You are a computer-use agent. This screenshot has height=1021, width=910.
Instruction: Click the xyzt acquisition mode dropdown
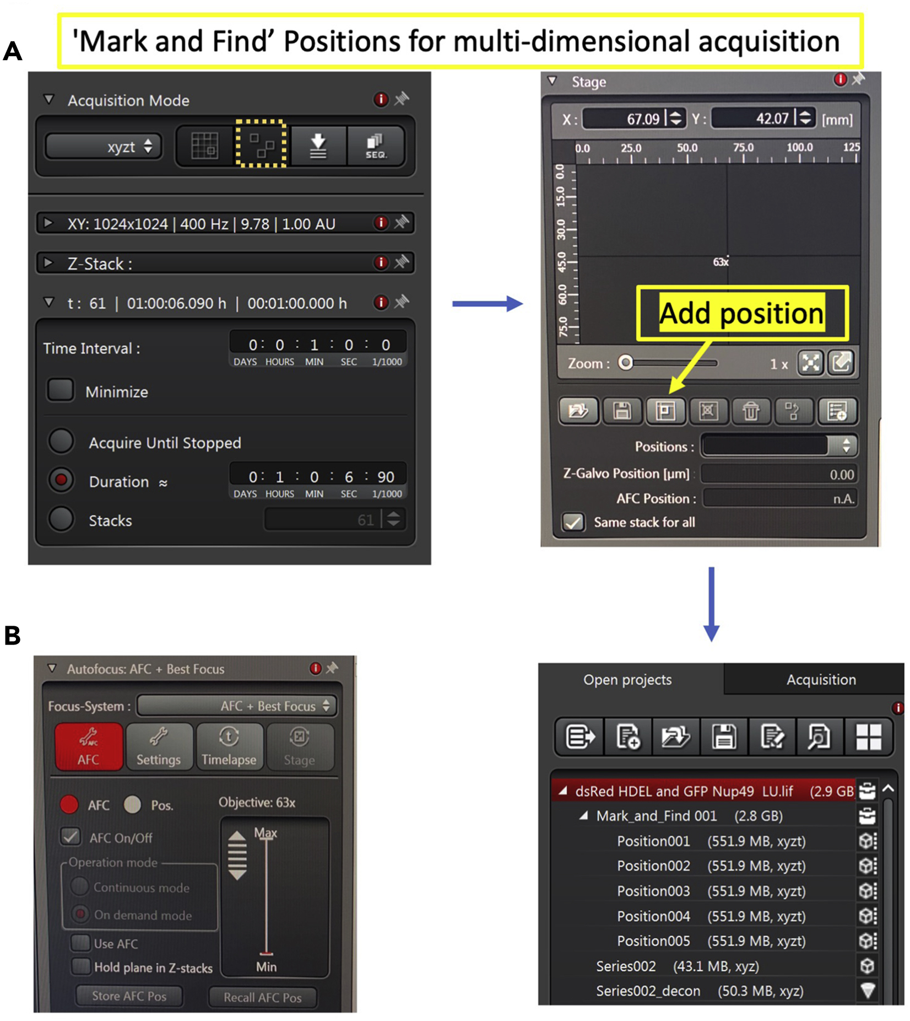[104, 147]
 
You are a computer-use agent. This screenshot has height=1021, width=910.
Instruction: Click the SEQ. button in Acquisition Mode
[376, 146]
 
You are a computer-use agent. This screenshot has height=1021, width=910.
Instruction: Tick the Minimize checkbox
[60, 390]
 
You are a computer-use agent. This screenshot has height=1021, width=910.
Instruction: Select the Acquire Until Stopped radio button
[61, 442]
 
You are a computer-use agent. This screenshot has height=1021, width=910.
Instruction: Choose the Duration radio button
[61, 480]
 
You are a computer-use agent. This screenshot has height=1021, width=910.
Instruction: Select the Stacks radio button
[61, 519]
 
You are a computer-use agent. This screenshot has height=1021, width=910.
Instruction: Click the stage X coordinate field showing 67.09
[634, 118]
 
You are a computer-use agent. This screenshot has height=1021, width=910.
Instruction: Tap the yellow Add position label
[742, 313]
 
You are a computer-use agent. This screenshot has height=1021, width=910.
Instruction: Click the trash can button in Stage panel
[751, 411]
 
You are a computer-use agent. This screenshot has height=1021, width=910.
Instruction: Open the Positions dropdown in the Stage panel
[779, 445]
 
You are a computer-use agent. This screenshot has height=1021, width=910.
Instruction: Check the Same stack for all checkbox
[573, 522]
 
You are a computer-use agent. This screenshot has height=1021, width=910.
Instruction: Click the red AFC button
[89, 746]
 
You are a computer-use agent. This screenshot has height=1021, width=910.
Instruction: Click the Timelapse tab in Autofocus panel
[229, 746]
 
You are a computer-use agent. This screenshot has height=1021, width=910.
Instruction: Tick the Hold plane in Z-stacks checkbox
[81, 966]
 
